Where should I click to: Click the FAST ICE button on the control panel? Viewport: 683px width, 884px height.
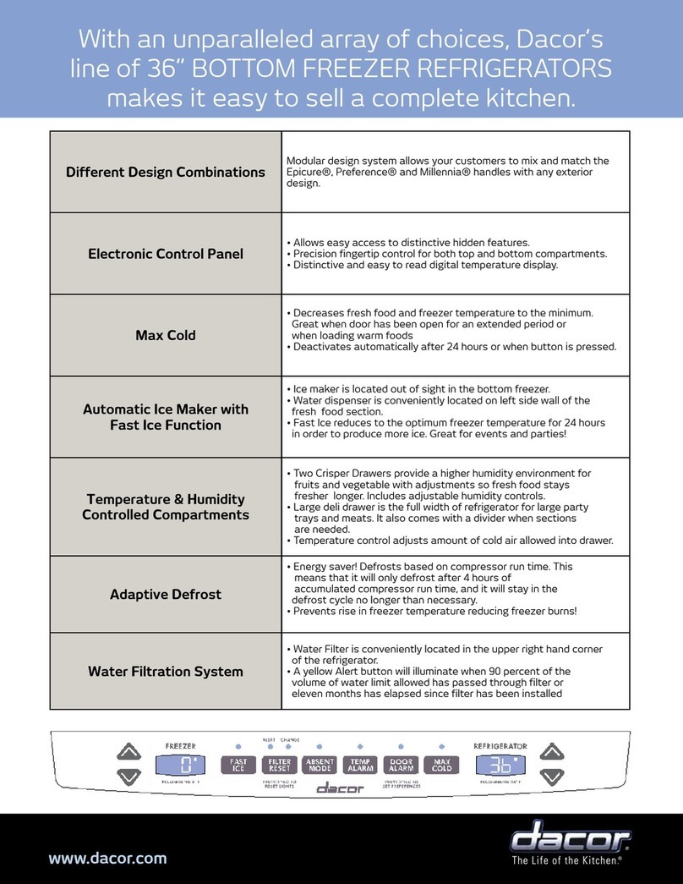click(238, 766)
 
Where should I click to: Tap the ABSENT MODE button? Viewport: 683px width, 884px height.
click(320, 766)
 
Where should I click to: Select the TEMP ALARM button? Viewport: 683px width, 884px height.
click(360, 766)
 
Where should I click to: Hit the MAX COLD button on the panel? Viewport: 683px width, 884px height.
click(441, 766)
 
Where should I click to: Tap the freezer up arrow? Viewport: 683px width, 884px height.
click(128, 750)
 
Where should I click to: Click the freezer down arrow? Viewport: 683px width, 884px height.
click(128, 776)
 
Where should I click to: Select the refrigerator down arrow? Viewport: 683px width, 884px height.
click(551, 776)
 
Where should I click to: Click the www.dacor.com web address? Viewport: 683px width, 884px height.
click(107, 858)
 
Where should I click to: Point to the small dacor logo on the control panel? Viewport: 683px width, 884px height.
click(340, 788)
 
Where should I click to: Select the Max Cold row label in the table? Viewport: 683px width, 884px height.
click(166, 335)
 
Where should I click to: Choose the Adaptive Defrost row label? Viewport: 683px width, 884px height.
click(166, 594)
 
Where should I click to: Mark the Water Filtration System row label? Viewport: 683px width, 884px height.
click(166, 672)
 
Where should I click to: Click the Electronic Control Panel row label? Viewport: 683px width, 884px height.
click(166, 253)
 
